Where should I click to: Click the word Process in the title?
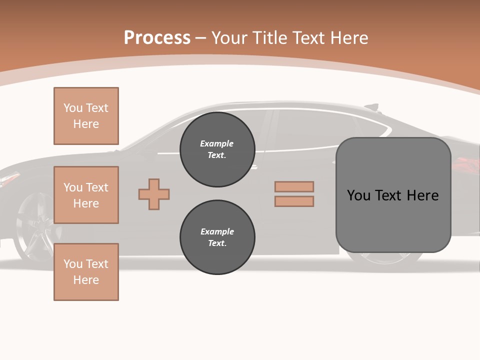[157, 38]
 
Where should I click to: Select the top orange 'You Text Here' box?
[86, 116]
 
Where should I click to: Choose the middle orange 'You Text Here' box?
[86, 195]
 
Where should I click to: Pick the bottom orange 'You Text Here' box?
[86, 272]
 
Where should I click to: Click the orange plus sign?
[154, 194]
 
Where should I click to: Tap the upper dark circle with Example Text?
[217, 149]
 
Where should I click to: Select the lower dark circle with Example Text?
[217, 237]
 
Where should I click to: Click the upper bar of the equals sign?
[294, 186]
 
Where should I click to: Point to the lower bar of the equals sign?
[294, 201]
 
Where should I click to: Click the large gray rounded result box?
[393, 195]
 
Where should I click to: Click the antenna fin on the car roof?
[372, 106]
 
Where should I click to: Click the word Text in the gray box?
[389, 195]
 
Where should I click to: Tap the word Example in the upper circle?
[217, 143]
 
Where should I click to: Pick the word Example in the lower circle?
[217, 231]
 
